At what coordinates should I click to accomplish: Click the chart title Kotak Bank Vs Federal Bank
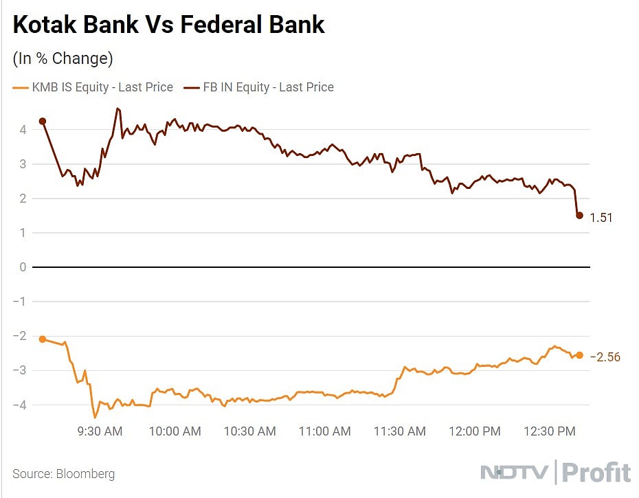(169, 25)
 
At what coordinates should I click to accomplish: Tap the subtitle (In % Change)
(63, 58)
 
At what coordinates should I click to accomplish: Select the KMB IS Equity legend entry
(93, 87)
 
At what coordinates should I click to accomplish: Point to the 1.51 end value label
(601, 218)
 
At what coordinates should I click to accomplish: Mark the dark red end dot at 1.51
(579, 216)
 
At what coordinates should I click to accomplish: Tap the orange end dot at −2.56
(579, 355)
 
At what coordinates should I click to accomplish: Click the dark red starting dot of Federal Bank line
(43, 121)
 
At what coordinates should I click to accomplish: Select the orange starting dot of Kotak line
(43, 339)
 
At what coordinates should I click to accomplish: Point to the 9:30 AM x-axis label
(100, 431)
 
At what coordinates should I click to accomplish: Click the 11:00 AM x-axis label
(325, 431)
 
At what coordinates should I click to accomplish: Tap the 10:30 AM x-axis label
(250, 431)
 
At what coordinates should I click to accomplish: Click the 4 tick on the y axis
(23, 129)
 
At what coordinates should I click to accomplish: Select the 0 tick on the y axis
(23, 267)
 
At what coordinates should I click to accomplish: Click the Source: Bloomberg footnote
(63, 474)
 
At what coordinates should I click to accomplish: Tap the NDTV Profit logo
(554, 473)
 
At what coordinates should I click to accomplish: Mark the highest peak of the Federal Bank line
(118, 108)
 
